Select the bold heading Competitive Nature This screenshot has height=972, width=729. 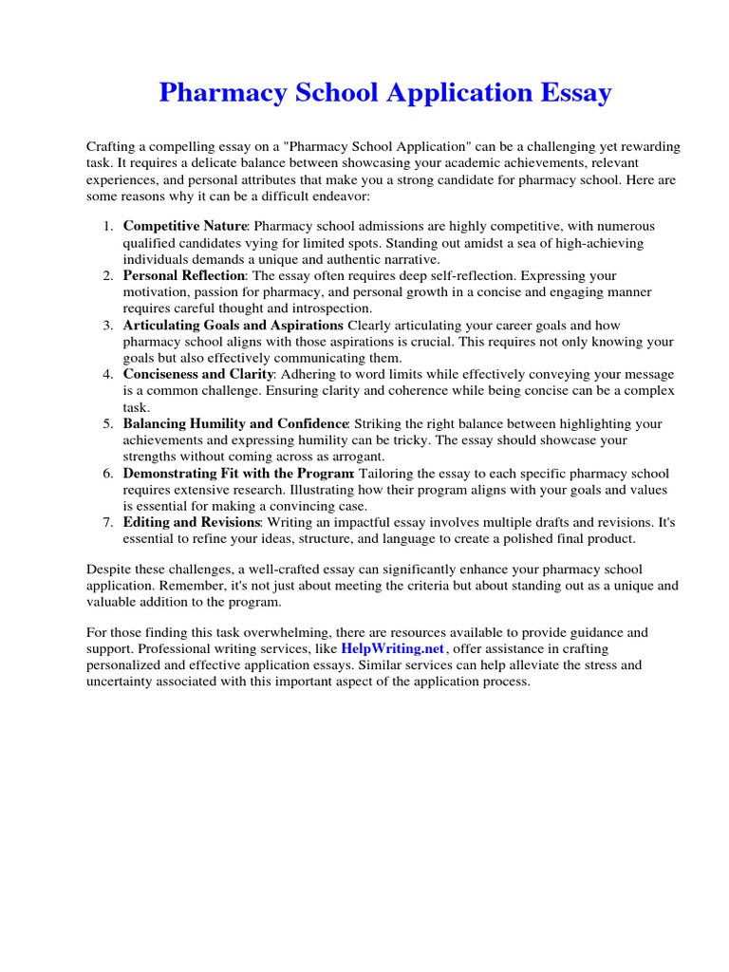pos(185,226)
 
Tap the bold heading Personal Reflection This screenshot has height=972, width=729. pos(183,275)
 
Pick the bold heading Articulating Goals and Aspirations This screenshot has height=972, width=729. pos(233,325)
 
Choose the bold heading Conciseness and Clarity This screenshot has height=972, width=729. pos(191,374)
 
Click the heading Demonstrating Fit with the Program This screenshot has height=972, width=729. pos(238,473)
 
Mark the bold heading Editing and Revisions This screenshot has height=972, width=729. pos(191,522)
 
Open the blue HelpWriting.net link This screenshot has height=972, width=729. pos(392,647)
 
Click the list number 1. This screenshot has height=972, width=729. pos(108,226)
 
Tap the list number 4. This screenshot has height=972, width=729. pos(108,374)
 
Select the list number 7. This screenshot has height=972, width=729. pos(108,522)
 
